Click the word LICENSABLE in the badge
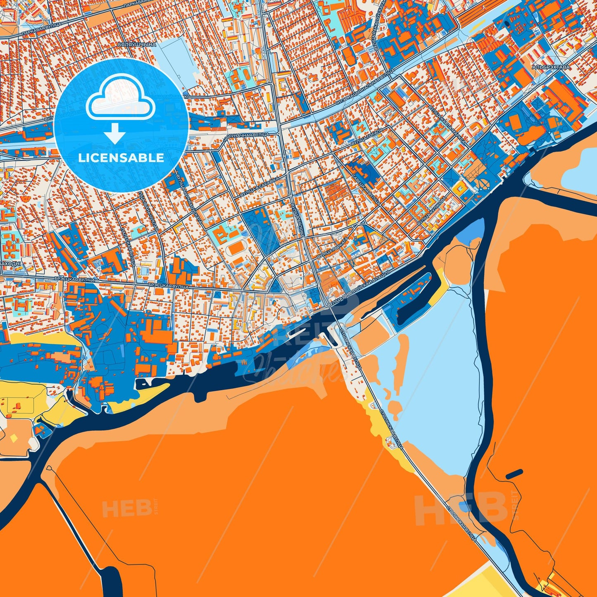click(x=121, y=157)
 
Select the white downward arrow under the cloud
click(x=115, y=133)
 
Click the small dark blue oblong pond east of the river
click(x=514, y=474)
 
